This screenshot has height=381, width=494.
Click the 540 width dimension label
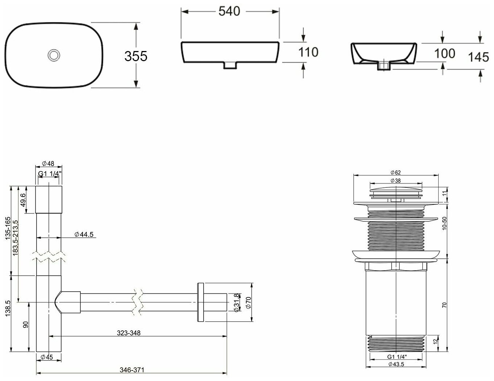point(229,11)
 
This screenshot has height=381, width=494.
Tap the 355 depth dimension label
point(135,56)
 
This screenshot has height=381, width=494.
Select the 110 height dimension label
point(308,52)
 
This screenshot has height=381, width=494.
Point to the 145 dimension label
point(478,57)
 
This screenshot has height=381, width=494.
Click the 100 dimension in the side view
point(444,54)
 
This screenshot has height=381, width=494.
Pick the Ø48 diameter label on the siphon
point(48,163)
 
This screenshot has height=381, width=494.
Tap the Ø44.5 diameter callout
point(84,234)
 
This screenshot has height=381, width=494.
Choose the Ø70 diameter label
point(248,302)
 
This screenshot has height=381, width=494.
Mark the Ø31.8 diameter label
point(236,302)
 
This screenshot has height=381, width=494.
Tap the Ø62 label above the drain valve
point(395,173)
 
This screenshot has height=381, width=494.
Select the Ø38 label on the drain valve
point(395,181)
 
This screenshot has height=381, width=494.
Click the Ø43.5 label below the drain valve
point(395,364)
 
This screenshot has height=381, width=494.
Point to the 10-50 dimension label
point(445,224)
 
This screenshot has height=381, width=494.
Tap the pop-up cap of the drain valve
point(395,190)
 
